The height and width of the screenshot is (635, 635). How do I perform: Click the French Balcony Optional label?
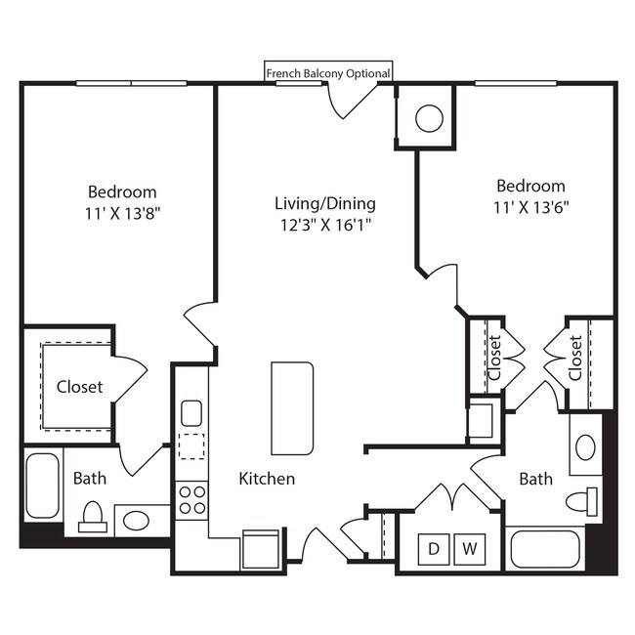pyautogui.click(x=328, y=73)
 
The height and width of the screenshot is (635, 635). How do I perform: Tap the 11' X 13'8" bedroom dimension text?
pyautogui.click(x=121, y=212)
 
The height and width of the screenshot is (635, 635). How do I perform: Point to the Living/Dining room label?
pyautogui.click(x=324, y=203)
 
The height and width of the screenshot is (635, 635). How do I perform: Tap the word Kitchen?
pyautogui.click(x=267, y=479)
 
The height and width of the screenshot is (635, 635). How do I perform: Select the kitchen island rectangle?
pyautogui.click(x=293, y=407)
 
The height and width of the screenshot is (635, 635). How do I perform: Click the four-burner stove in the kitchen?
pyautogui.click(x=191, y=499)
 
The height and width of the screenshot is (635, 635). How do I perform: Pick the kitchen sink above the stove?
pyautogui.click(x=191, y=411)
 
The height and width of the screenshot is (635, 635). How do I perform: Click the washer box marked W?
pyautogui.click(x=470, y=549)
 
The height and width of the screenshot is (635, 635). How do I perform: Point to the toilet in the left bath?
pyautogui.click(x=92, y=516)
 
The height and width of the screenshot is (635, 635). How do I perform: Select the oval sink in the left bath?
pyautogui.click(x=134, y=520)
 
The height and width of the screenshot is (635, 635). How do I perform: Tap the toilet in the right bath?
pyautogui.click(x=582, y=500)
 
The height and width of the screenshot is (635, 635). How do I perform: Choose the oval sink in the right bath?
pyautogui.click(x=584, y=447)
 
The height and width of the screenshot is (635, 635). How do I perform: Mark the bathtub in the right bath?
pyautogui.click(x=544, y=549)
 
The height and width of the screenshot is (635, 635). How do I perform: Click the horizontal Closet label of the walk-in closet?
pyautogui.click(x=79, y=386)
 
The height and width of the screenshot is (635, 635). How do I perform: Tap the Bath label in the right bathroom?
pyautogui.click(x=535, y=479)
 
